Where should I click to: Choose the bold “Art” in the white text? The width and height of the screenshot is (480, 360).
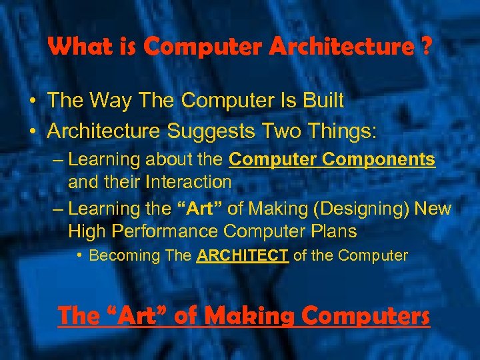(x=199, y=209)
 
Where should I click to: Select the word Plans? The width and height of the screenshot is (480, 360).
(x=331, y=231)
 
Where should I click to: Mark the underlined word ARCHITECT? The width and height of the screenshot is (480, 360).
(x=243, y=255)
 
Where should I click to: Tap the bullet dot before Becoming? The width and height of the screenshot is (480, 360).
(x=79, y=255)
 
